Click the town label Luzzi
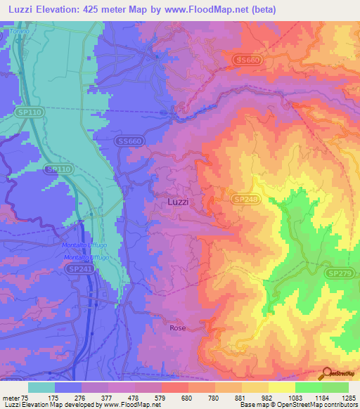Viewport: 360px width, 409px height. tap(179, 202)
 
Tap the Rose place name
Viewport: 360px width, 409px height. tap(177, 327)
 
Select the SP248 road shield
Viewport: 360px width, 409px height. tap(243, 200)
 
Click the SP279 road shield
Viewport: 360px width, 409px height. tap(338, 272)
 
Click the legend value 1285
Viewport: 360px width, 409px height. tap(348, 398)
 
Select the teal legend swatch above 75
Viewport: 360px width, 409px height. tap(41, 387)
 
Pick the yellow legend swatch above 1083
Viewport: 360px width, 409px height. tap(281, 387)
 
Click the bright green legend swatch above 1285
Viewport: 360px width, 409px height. tap(335, 387)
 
